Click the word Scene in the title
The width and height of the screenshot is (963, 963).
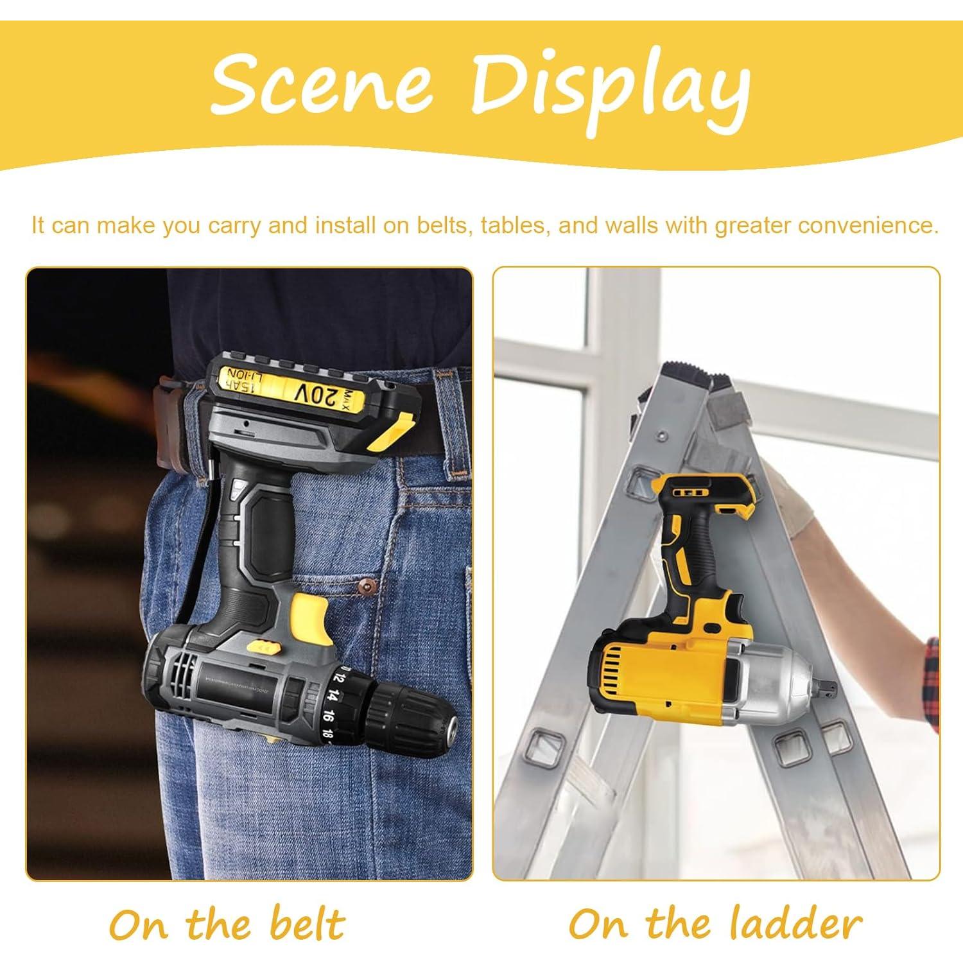click(x=321, y=85)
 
